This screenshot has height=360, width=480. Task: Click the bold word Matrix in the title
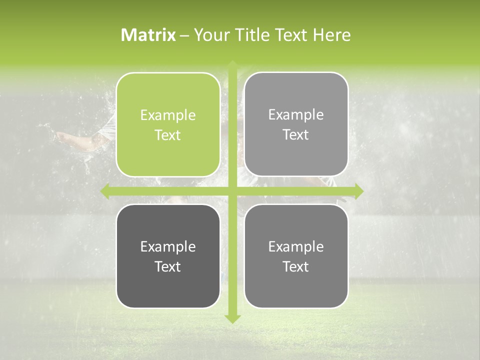pyautogui.click(x=148, y=35)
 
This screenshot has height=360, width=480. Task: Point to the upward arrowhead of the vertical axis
pyautogui.click(x=232, y=64)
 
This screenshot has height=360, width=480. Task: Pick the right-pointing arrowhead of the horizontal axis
pyautogui.click(x=358, y=191)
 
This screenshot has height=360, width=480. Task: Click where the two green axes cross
pyautogui.click(x=232, y=191)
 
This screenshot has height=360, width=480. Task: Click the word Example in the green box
pyautogui.click(x=168, y=115)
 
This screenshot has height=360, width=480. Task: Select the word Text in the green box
pyautogui.click(x=168, y=135)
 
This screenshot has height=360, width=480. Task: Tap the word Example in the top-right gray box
pyautogui.click(x=296, y=115)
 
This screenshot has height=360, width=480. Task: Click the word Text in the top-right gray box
pyautogui.click(x=296, y=135)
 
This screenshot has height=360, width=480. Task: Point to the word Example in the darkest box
pyautogui.click(x=168, y=247)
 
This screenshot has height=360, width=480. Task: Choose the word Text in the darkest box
pyautogui.click(x=168, y=267)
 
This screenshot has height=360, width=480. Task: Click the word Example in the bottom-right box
pyautogui.click(x=296, y=247)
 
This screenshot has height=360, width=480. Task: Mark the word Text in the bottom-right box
pyautogui.click(x=296, y=267)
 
